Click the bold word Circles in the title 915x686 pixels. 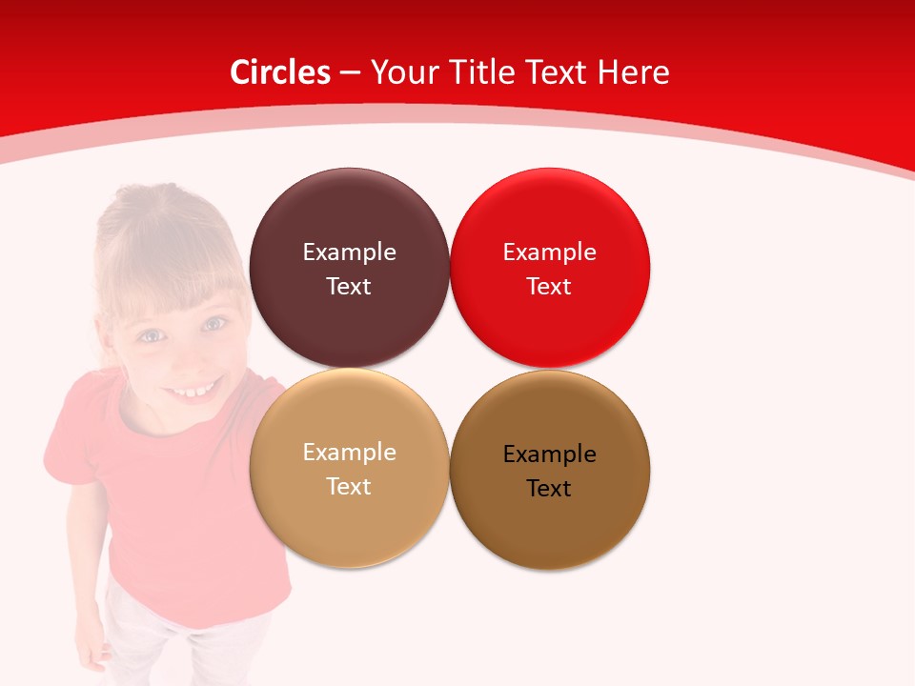point(280,72)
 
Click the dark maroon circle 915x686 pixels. point(349,229)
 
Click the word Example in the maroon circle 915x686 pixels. point(349,252)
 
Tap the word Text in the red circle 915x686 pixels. point(549,287)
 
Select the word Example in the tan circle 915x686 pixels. point(349,453)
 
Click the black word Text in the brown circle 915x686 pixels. point(549,489)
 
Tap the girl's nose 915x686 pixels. point(183,357)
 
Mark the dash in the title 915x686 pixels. point(350,72)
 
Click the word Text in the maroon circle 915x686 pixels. point(349,287)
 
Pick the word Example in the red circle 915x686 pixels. point(549,252)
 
